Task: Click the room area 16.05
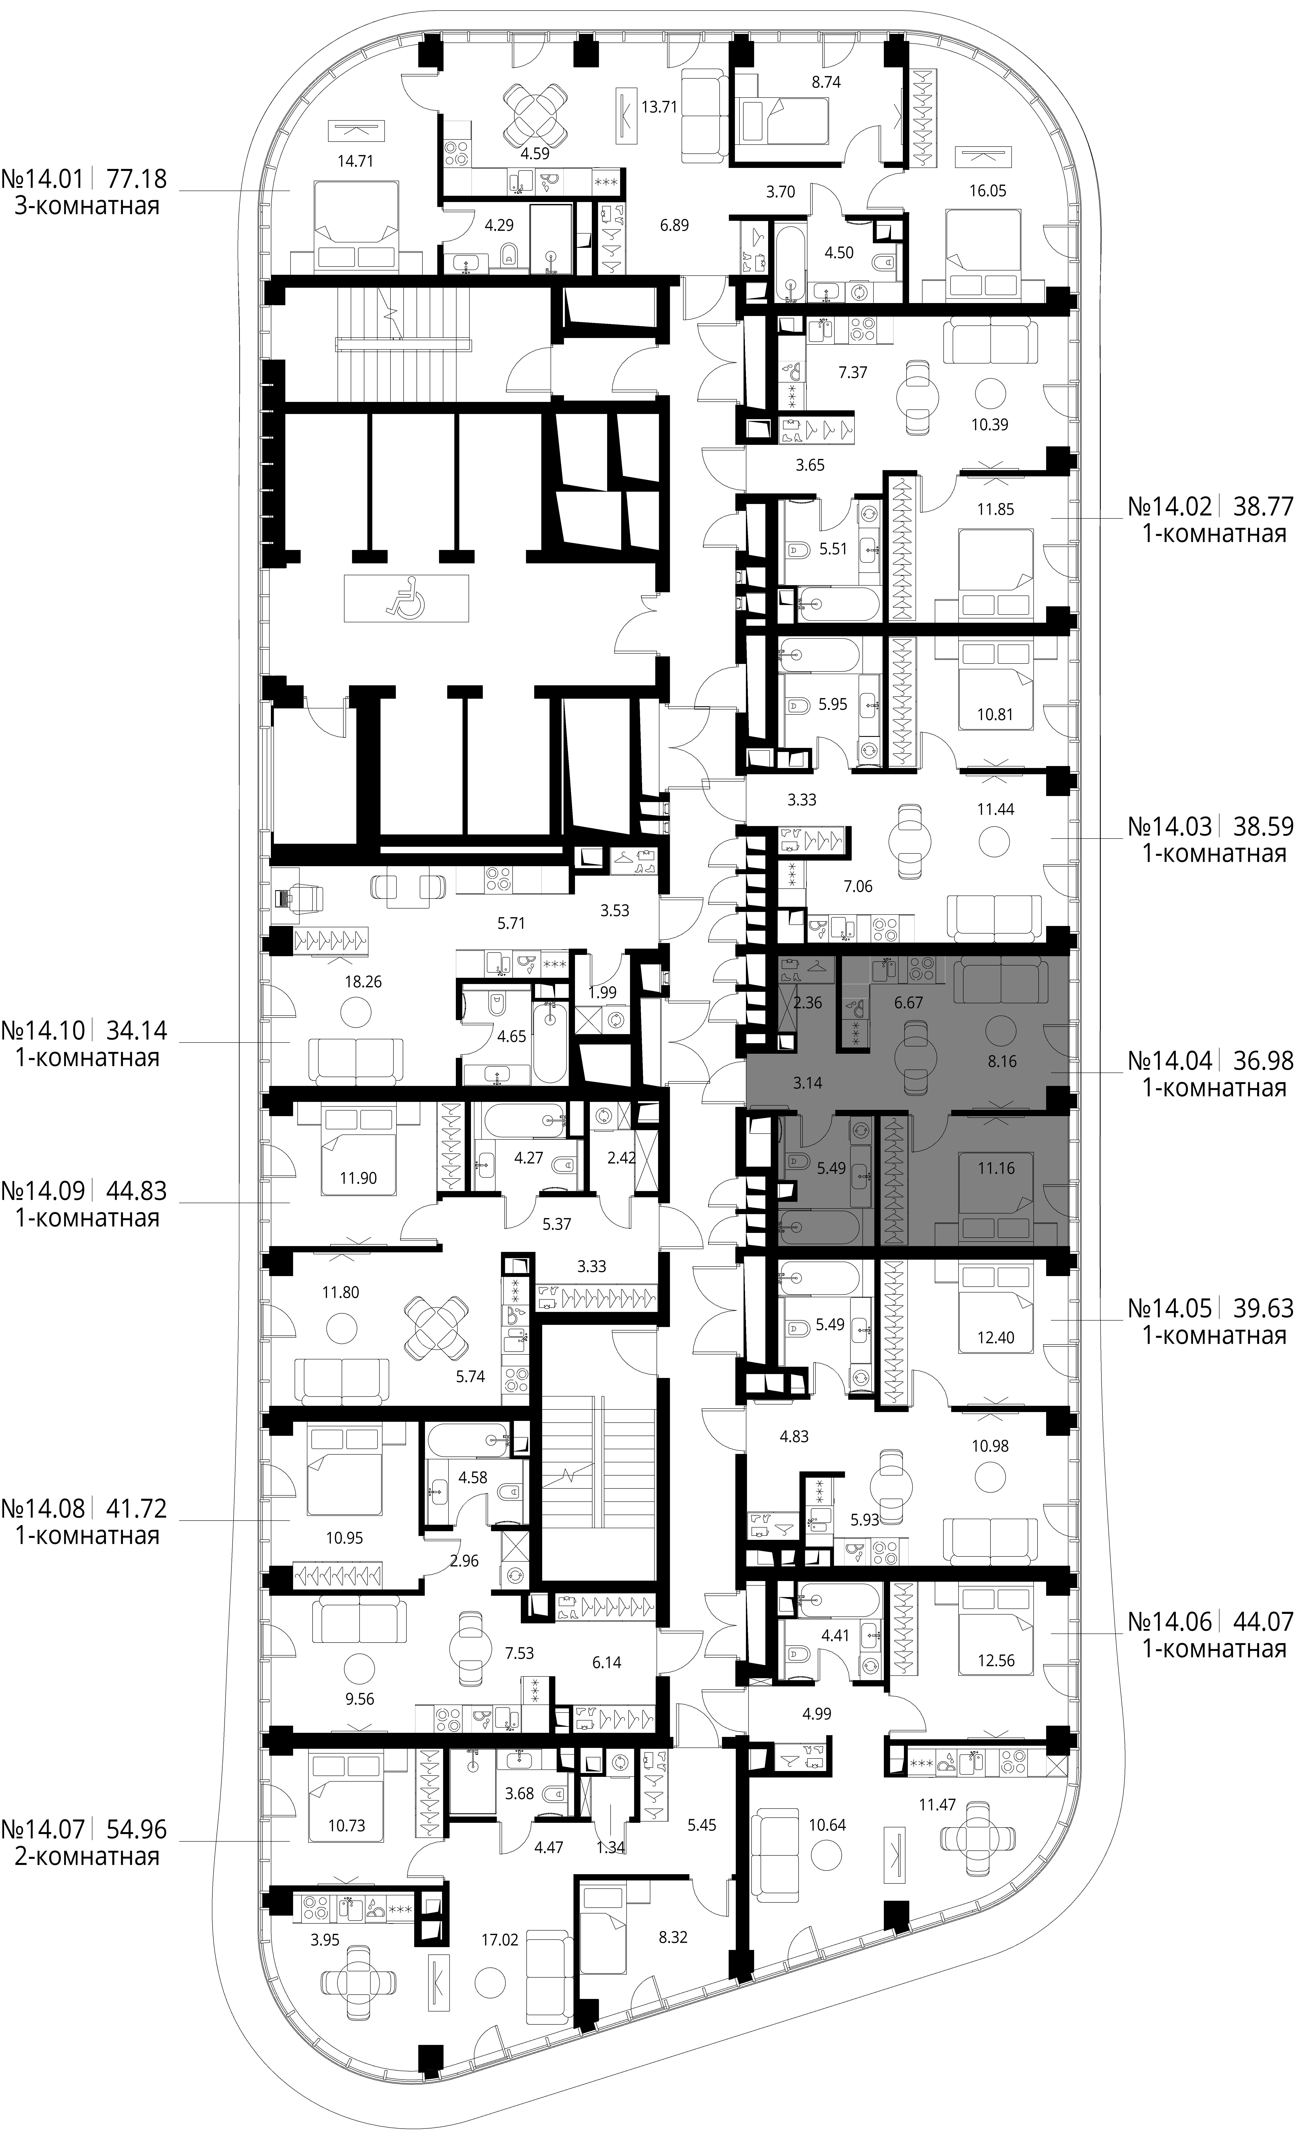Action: coord(987,191)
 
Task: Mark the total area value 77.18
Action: coord(136,179)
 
